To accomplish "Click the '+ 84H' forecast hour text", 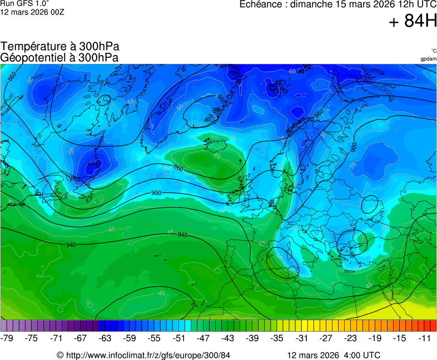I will coord(413,22).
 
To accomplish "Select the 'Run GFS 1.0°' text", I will coord(24,3).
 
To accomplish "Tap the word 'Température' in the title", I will coord(32,47).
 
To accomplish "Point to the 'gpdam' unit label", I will coord(428,59).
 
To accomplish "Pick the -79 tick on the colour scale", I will coord(7,338).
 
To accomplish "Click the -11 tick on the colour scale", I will coord(424,338).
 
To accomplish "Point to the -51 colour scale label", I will coord(179,338).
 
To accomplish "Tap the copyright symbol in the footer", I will coord(61,355).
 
